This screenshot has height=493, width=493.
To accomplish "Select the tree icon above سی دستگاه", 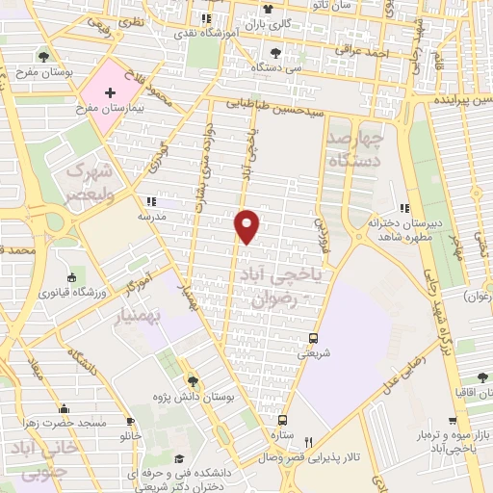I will point(276,53).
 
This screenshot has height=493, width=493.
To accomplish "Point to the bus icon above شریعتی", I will point(312,338).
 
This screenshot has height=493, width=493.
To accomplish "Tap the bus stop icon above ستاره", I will point(283,420).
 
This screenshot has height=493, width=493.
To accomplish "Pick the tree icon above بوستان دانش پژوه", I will point(192,381).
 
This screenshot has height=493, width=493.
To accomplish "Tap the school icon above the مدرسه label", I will point(150,202).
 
